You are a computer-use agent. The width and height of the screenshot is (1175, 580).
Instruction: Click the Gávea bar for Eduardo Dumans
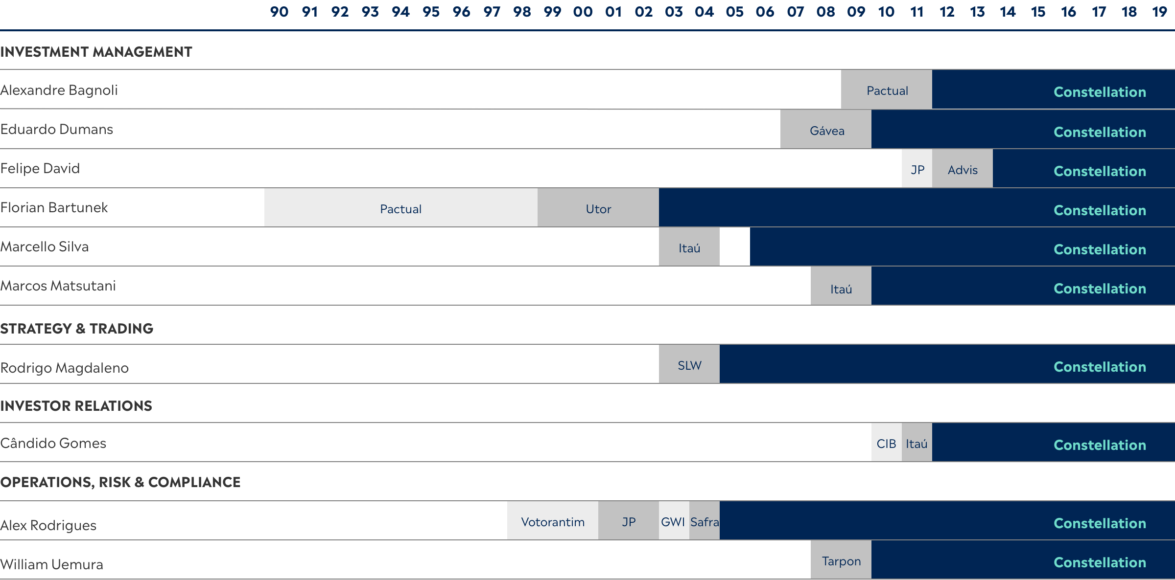pyautogui.click(x=826, y=129)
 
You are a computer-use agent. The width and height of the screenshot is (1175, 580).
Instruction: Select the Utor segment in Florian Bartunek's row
pyautogui.click(x=598, y=208)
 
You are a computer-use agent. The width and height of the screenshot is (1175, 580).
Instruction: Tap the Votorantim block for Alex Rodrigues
pyautogui.click(x=553, y=521)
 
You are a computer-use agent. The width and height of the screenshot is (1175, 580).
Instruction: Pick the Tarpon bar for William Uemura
pyautogui.click(x=841, y=560)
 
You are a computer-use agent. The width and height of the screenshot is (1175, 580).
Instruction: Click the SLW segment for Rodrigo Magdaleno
pyautogui.click(x=689, y=364)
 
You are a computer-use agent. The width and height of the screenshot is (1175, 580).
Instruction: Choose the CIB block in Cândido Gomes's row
pyautogui.click(x=887, y=443)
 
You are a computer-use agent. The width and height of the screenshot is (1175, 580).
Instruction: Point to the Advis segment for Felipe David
pyautogui.click(x=963, y=169)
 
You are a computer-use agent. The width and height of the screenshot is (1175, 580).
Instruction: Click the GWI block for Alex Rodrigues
pyautogui.click(x=674, y=521)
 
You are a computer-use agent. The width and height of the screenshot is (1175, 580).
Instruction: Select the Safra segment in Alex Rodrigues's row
pyautogui.click(x=705, y=521)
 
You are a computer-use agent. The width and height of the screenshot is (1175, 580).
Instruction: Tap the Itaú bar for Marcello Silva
pyautogui.click(x=689, y=247)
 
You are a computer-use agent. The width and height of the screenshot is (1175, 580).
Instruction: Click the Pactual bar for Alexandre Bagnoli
pyautogui.click(x=887, y=89)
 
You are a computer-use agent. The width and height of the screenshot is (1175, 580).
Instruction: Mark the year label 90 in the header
pyautogui.click(x=280, y=12)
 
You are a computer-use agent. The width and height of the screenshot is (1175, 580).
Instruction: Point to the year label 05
pyautogui.click(x=735, y=12)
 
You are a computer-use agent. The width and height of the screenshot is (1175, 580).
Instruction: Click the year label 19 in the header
pyautogui.click(x=1159, y=12)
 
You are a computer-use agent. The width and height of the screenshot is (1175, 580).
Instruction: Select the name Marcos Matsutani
pyautogui.click(x=58, y=286)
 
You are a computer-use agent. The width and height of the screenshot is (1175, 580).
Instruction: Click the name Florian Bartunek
pyautogui.click(x=54, y=207)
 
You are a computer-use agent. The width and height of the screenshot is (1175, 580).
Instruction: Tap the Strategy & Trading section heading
pyautogui.click(x=77, y=329)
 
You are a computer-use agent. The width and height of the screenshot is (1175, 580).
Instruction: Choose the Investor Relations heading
pyautogui.click(x=76, y=406)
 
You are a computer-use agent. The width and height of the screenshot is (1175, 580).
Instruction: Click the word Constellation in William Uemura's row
pyautogui.click(x=1100, y=562)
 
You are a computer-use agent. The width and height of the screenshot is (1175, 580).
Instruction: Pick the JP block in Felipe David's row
pyautogui.click(x=917, y=169)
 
